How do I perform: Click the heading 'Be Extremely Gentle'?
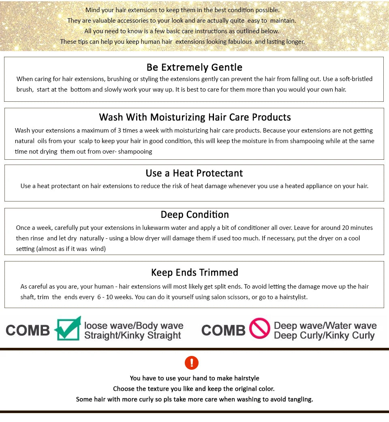tap(194, 67)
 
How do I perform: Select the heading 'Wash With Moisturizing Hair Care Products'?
tap(195, 117)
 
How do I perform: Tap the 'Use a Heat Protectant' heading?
tap(194, 173)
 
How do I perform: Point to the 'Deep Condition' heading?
tap(195, 214)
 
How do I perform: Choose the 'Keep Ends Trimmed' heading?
tap(194, 272)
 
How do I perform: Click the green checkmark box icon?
tap(68, 328)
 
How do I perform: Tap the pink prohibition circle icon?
tap(260, 328)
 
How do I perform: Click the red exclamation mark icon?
tap(192, 362)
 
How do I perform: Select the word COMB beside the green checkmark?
tap(28, 330)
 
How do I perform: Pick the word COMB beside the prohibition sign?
tap(223, 330)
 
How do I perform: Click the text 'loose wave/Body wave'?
tap(134, 326)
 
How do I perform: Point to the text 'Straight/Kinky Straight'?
tap(133, 336)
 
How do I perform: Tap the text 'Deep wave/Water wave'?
tap(325, 326)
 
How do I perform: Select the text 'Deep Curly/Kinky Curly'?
tap(324, 336)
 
